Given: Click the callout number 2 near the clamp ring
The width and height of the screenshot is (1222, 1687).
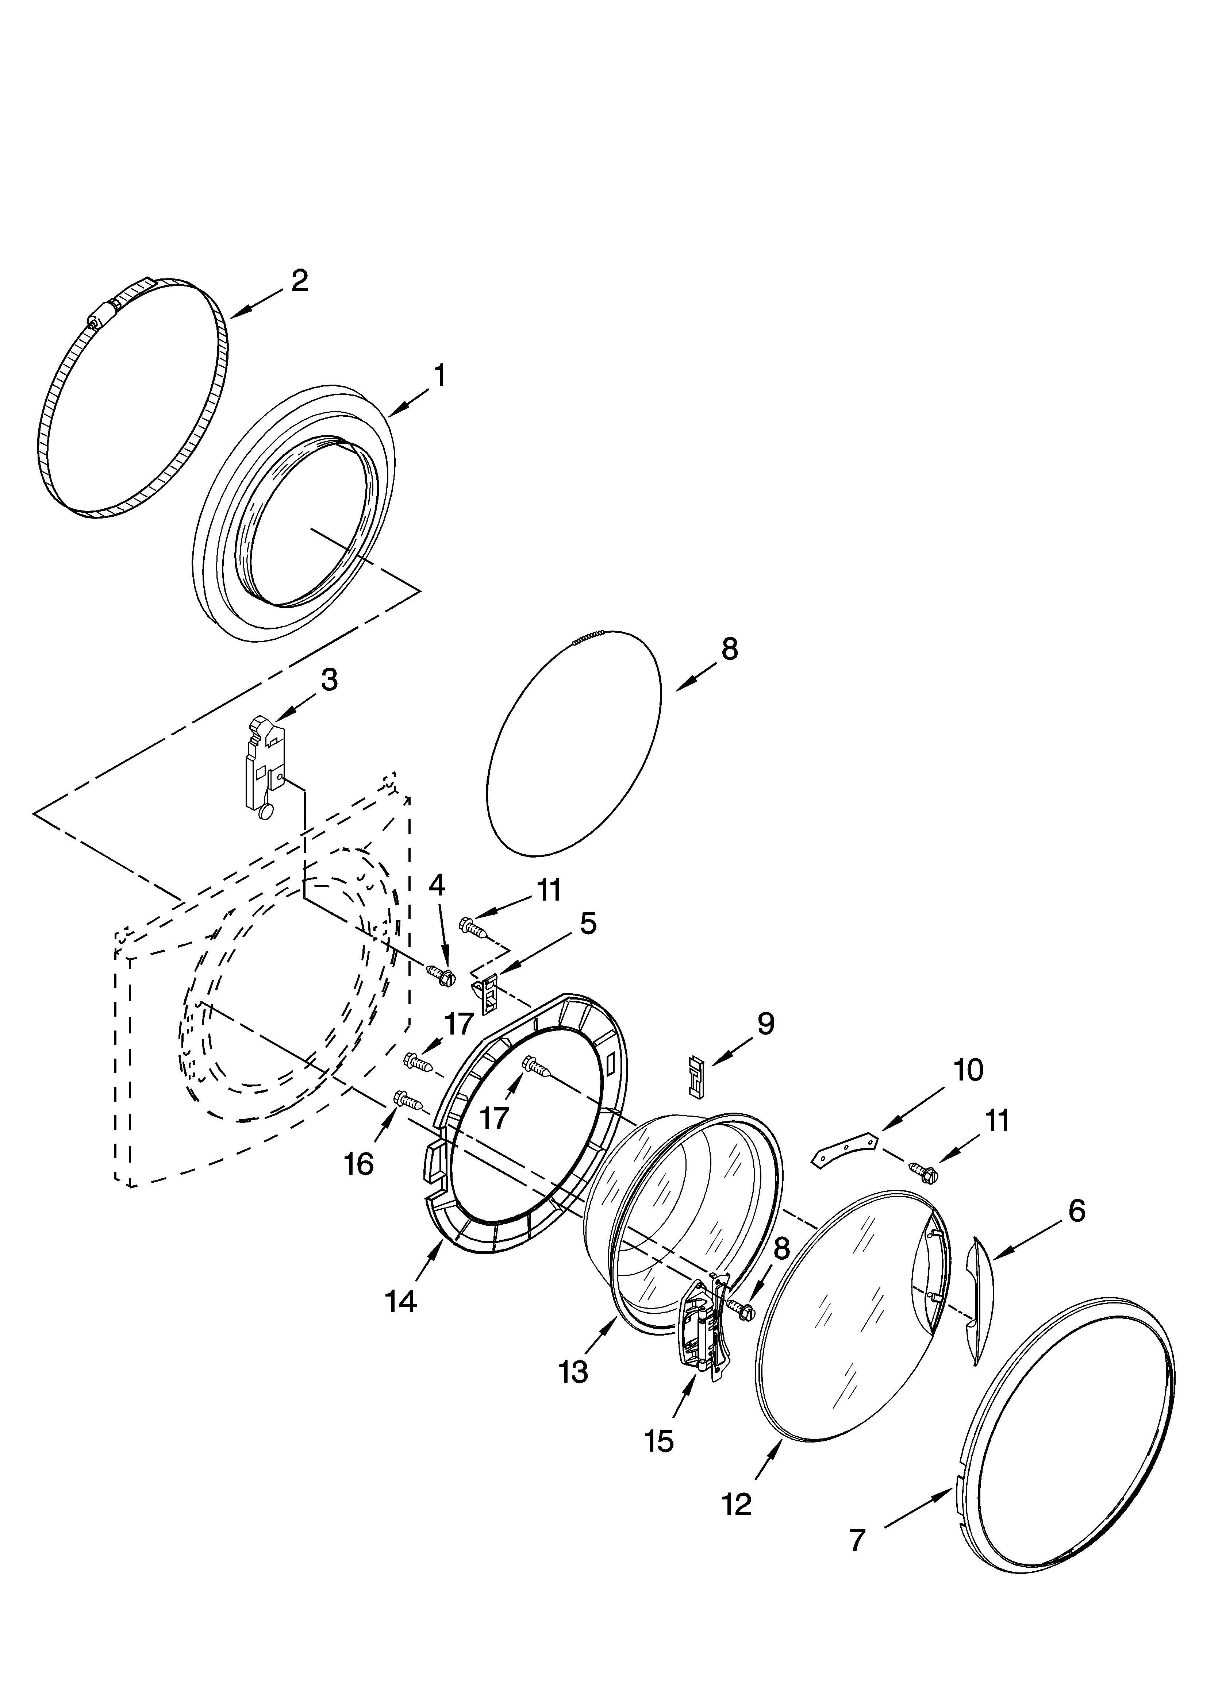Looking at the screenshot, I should (299, 280).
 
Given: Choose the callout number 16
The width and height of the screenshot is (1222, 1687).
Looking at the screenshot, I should (359, 1164).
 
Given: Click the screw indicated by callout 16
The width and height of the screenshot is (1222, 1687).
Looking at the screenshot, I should (408, 1099).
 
